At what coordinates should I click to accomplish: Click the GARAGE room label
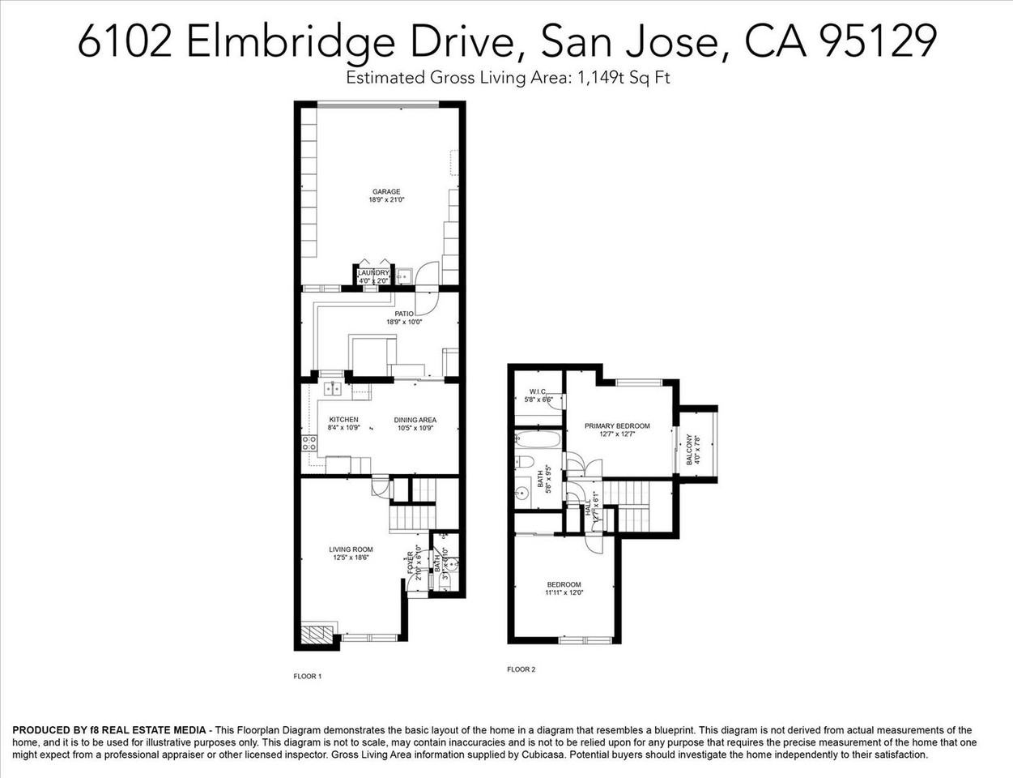click(386, 192)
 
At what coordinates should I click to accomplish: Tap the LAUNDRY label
click(373, 273)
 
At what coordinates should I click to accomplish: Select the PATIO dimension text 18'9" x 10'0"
click(404, 322)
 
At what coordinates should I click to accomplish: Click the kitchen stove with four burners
click(309, 443)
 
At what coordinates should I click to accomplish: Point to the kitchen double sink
click(332, 389)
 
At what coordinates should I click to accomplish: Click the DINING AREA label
click(415, 420)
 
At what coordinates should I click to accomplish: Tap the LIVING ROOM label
click(351, 549)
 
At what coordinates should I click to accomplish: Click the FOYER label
click(410, 564)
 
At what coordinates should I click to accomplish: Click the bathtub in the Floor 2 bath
click(538, 442)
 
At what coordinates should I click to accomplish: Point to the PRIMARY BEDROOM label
click(617, 425)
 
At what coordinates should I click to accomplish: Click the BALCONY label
click(690, 449)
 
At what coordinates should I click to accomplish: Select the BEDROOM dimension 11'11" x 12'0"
click(564, 592)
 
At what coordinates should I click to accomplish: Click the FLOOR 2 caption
click(521, 669)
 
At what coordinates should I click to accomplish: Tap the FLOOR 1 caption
click(307, 676)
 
